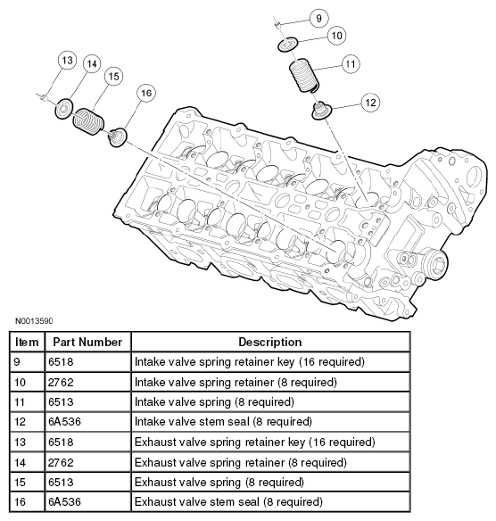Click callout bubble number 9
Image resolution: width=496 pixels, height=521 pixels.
point(318,18)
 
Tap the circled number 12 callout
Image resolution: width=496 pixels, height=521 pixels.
point(370,103)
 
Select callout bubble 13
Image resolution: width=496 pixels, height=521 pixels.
point(67,60)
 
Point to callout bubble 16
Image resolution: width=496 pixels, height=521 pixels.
point(146,93)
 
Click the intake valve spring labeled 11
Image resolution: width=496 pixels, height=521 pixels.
point(304,76)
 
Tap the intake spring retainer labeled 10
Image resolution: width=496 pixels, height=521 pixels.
point(288,45)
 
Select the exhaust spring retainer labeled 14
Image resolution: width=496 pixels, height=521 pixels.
point(64,109)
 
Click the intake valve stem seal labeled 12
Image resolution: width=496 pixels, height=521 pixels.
point(321,111)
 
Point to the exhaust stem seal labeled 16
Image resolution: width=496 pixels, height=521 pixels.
point(117,137)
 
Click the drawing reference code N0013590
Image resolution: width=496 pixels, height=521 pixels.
point(34,321)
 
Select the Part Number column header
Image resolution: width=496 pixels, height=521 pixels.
point(87,342)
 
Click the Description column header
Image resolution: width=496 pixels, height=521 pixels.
point(270,342)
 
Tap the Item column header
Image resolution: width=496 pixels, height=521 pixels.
point(27,342)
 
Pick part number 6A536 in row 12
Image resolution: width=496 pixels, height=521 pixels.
point(64,422)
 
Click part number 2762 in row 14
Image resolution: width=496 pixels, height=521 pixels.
point(61,462)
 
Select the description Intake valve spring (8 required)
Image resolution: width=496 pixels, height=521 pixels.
point(214,402)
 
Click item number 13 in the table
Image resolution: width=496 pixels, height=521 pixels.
point(20,442)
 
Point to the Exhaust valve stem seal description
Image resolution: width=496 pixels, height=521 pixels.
point(228,501)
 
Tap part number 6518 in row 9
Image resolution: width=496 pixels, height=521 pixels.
point(61,361)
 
